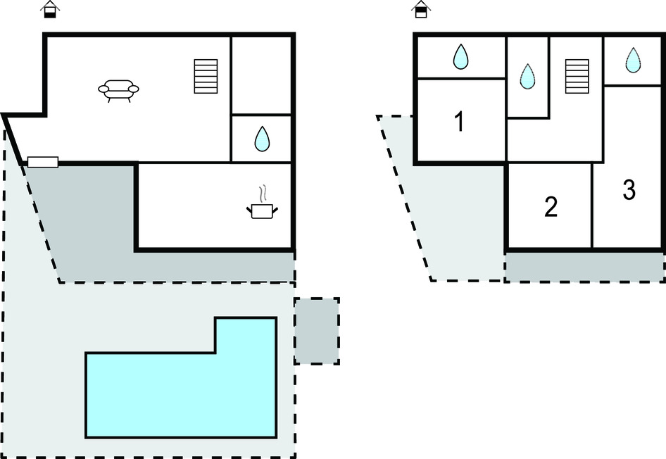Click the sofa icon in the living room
click(x=118, y=89)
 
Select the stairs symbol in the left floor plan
click(x=206, y=76)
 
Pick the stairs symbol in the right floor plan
click(x=577, y=76)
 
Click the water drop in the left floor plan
click(x=262, y=139)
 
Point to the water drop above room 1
click(x=460, y=56)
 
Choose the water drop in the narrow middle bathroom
click(x=527, y=76)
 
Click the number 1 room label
click(x=459, y=122)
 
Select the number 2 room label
click(x=551, y=207)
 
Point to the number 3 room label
click(x=629, y=190)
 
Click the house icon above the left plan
click(x=51, y=9)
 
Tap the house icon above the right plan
click(x=420, y=9)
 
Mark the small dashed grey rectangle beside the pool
click(x=316, y=330)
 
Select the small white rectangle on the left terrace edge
click(x=42, y=163)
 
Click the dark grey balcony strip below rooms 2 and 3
click(x=584, y=266)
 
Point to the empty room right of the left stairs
click(x=262, y=74)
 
